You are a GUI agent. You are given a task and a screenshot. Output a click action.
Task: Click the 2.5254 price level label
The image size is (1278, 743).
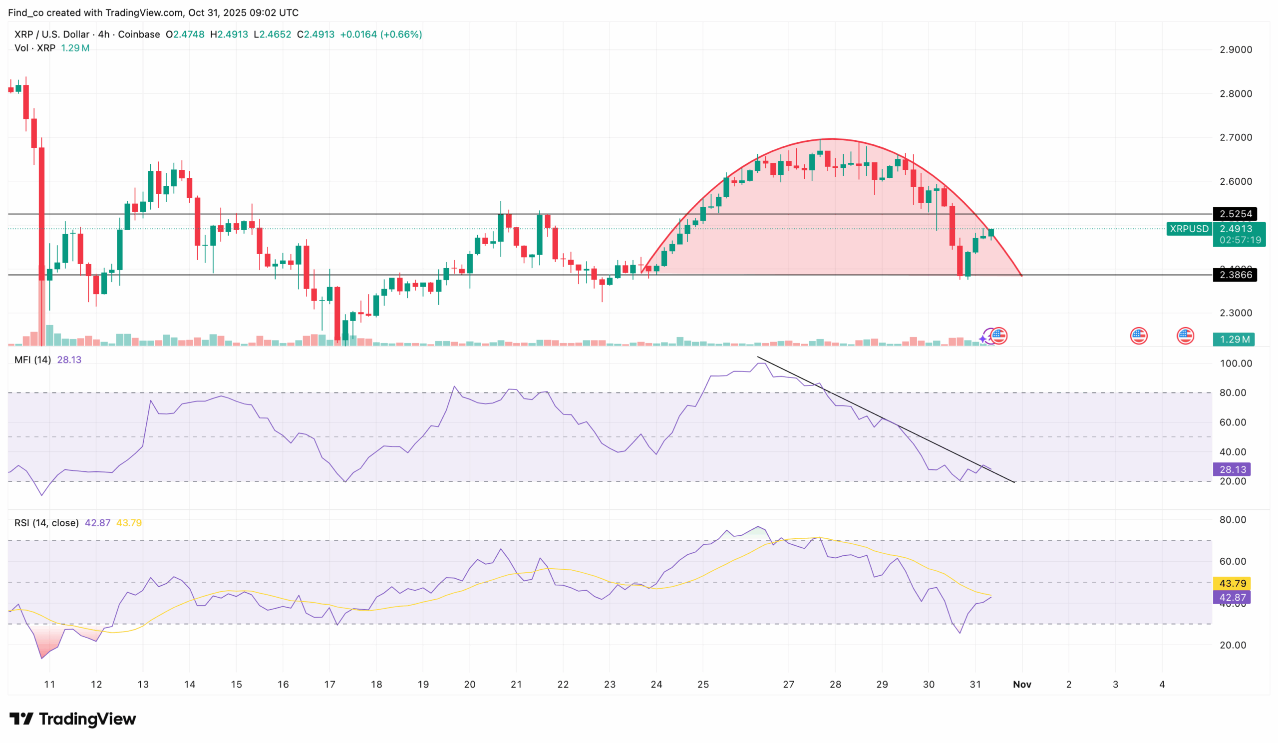click(x=1235, y=214)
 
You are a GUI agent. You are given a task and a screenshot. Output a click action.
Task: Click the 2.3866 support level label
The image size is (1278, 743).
click(x=1235, y=275)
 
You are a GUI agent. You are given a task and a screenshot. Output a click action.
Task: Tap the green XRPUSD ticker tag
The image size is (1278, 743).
click(x=1189, y=229)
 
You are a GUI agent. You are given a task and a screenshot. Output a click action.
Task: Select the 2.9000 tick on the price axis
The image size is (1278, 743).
click(x=1236, y=50)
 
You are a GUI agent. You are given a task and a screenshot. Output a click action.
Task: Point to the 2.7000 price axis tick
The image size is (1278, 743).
click(x=1236, y=137)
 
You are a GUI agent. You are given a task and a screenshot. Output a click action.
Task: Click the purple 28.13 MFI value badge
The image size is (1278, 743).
click(x=1232, y=470)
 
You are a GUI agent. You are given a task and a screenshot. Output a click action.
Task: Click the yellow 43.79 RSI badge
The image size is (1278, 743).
click(x=1232, y=583)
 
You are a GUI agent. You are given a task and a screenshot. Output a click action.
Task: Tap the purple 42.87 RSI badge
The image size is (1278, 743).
click(x=1232, y=597)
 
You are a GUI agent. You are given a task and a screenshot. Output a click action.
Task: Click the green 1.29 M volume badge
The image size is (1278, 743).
click(x=1234, y=340)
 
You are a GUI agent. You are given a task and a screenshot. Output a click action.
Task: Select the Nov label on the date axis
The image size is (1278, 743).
click(x=1022, y=685)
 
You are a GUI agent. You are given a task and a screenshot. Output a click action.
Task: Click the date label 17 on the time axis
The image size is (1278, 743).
click(x=329, y=685)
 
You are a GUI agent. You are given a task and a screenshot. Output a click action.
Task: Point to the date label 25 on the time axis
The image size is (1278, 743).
click(x=703, y=685)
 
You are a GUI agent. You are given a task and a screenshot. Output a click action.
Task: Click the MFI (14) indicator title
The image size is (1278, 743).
click(x=32, y=360)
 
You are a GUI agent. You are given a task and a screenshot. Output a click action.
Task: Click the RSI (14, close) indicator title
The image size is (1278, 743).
click(x=46, y=523)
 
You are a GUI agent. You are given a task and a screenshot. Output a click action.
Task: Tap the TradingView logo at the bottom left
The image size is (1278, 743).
click(x=72, y=719)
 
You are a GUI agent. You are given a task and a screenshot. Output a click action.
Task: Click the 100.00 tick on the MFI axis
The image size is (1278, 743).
click(x=1236, y=364)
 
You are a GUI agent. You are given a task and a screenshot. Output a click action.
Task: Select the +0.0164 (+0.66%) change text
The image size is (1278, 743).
click(x=380, y=34)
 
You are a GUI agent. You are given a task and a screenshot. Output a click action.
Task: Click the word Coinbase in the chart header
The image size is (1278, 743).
click(x=139, y=34)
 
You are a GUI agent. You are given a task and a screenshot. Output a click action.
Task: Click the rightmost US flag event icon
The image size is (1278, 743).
click(x=1185, y=336)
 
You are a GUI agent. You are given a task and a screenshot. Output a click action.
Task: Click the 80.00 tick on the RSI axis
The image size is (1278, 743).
click(x=1233, y=520)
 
